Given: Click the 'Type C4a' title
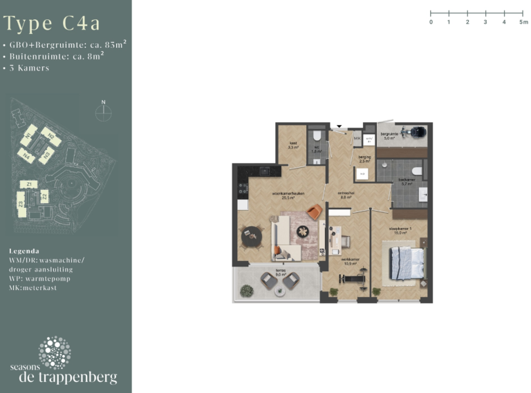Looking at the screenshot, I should coord(52,23).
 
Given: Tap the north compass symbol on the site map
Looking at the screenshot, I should coord(103,111).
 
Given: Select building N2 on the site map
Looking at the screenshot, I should coord(47,134).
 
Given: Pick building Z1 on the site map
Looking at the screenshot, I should coord(28,184).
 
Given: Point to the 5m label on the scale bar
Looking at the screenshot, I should coord(523,22).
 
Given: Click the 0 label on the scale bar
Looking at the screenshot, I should coord(431,22).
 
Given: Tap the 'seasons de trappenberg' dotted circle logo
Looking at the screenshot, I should coord(55,352).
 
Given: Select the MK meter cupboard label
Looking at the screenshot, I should coord(357,139).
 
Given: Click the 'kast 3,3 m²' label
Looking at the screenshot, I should coord(293,146).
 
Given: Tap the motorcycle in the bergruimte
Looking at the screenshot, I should coord(416,131).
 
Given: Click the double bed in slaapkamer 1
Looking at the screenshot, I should coord(406,263).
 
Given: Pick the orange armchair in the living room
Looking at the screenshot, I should coord(315,213).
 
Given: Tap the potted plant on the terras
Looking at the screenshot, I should coord(246,292).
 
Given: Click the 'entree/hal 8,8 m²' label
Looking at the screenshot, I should coord(346,195).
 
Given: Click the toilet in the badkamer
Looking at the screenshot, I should coord(417,169).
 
